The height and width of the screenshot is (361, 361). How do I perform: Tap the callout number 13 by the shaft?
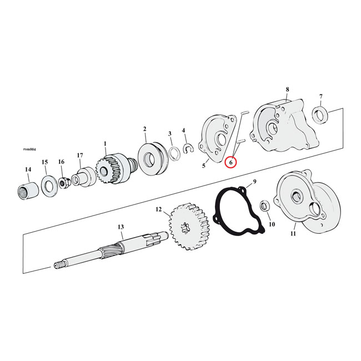pos(121,227)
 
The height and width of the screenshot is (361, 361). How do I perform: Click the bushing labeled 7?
pos(320,116)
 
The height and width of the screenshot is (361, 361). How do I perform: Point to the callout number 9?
pos(254,182)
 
